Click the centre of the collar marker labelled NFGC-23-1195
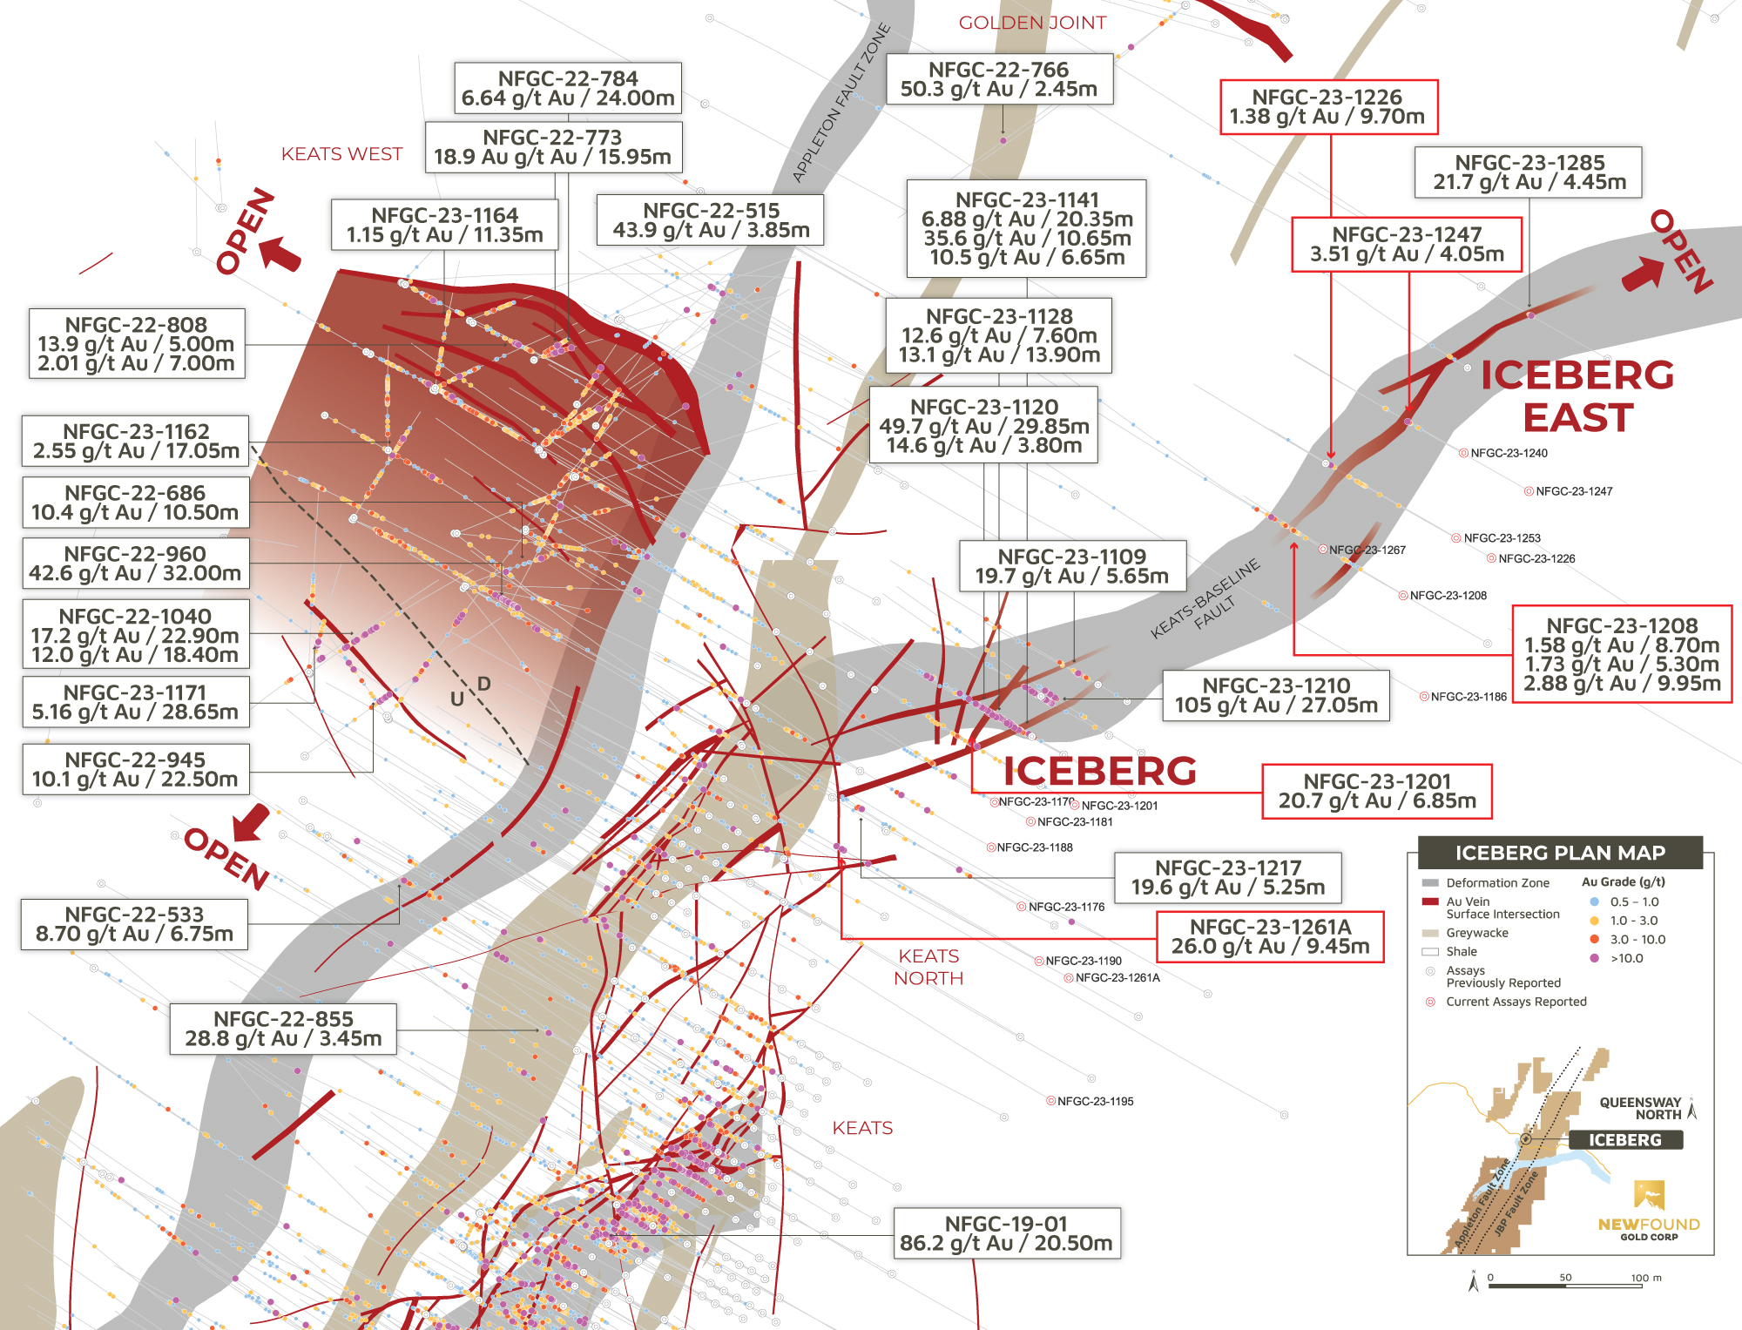tap(1050, 1101)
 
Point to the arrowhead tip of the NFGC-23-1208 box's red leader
tap(1294, 542)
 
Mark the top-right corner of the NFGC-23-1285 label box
tap(1642, 147)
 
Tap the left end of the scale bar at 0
tap(1489, 1286)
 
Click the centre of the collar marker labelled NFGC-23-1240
tap(1463, 453)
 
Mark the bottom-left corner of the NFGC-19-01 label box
tap(895, 1259)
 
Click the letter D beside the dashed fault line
tap(484, 684)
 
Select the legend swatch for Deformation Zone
tap(1430, 883)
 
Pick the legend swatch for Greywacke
tap(1430, 933)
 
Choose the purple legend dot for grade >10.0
tap(1594, 958)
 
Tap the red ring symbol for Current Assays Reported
tap(1430, 1002)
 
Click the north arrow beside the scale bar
tap(1474, 1282)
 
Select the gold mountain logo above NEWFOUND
tap(1650, 1194)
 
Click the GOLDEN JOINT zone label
tap(1032, 23)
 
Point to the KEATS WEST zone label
tap(341, 154)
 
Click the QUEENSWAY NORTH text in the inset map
tap(1640, 1109)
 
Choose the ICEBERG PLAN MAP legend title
tap(1560, 853)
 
